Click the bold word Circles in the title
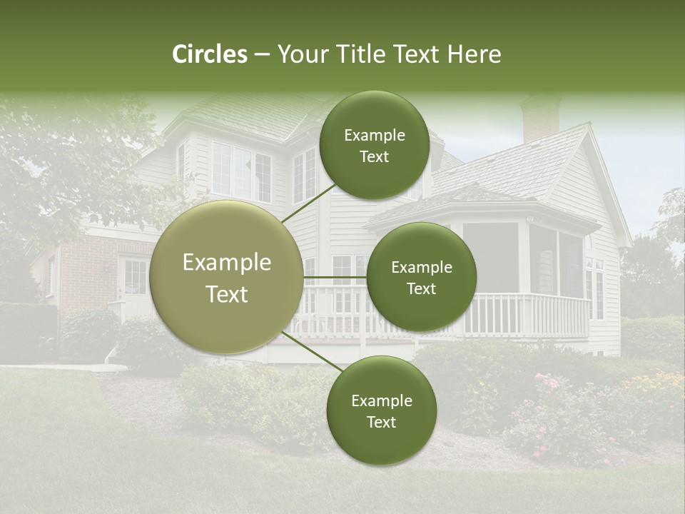210,54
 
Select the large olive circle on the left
227,277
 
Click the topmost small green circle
374,145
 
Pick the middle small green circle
421,277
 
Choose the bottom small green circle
381,410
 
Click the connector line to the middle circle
335,277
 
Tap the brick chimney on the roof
540,118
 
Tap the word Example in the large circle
227,263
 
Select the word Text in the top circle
374,156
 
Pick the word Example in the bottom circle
381,400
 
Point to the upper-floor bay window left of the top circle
241,171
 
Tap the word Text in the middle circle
421,288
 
